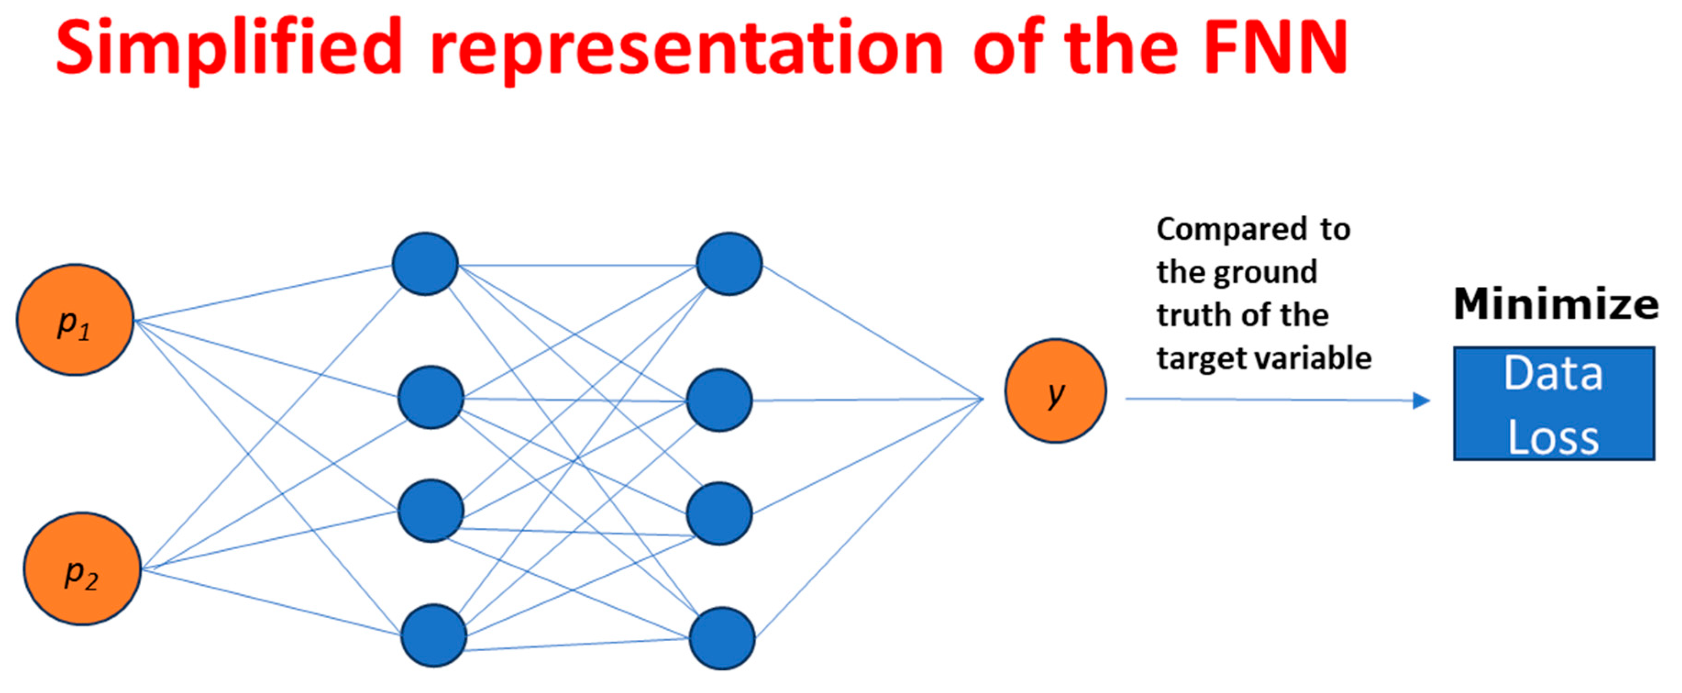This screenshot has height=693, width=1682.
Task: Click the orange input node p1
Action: tap(75, 320)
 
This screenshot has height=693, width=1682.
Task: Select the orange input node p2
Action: tap(82, 568)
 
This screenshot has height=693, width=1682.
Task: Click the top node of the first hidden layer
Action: tap(425, 264)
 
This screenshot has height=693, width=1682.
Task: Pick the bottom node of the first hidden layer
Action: tap(434, 636)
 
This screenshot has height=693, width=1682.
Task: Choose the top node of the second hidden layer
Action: tap(729, 264)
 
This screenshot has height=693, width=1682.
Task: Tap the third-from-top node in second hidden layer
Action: tap(720, 513)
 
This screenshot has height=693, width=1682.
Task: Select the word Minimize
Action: tap(1556, 304)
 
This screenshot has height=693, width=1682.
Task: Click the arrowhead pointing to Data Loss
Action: tap(1422, 401)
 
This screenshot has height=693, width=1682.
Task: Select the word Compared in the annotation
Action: tap(1231, 229)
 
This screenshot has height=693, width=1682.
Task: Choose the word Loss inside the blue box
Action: tap(1553, 437)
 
